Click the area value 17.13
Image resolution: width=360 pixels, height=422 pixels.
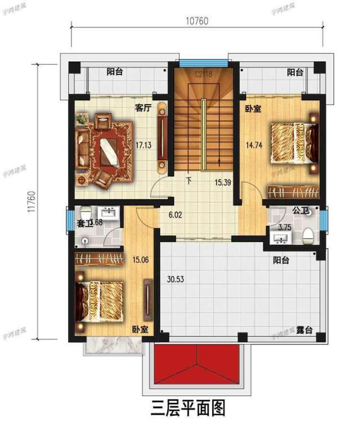click(144, 145)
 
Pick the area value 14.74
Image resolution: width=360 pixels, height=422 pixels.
click(254, 145)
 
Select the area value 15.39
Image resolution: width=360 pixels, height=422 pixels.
click(224, 183)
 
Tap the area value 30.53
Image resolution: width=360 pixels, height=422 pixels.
click(176, 278)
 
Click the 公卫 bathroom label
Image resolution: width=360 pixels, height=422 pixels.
click(300, 211)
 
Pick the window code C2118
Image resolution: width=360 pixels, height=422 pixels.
click(203, 74)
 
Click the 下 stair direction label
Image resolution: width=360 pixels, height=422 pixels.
click(188, 181)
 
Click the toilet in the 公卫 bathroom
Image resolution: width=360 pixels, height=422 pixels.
click(308, 235)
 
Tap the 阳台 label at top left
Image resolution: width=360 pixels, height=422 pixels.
click(115, 72)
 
